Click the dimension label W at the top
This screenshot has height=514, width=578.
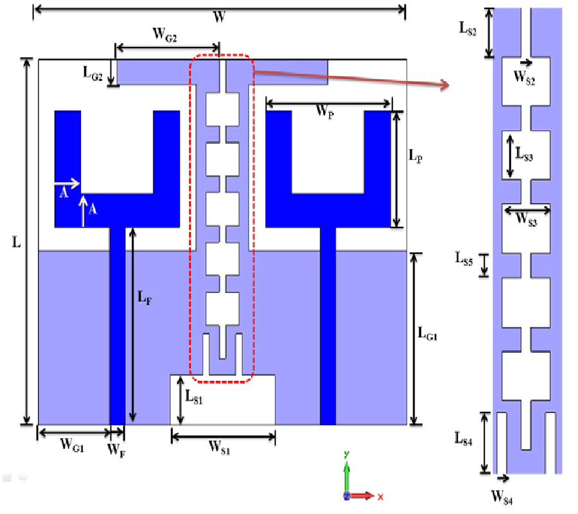(219, 18)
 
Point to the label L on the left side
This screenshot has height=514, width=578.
(17, 243)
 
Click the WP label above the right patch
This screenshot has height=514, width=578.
(324, 111)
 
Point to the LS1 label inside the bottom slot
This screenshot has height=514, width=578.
(194, 398)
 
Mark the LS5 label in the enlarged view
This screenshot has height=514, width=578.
(464, 260)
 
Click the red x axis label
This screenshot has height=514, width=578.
(380, 497)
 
